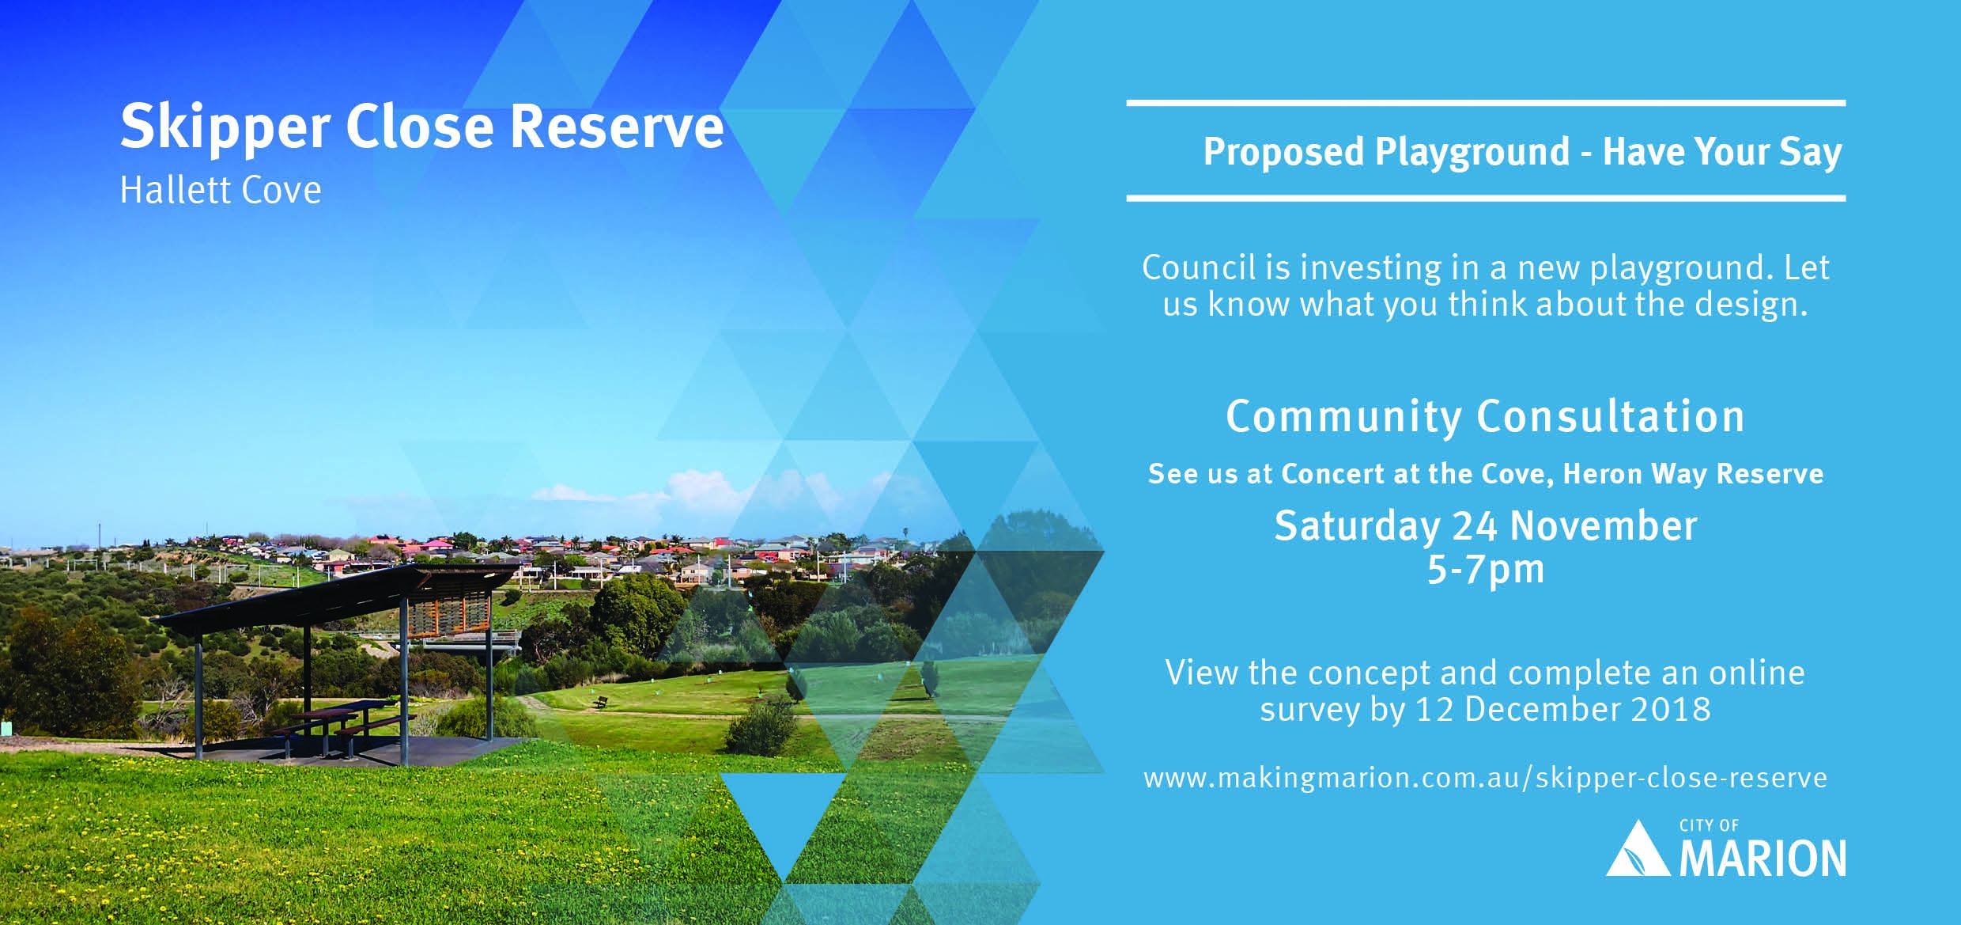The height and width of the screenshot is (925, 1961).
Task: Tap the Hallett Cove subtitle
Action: click(x=221, y=190)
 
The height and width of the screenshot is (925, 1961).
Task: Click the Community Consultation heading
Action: click(x=1485, y=416)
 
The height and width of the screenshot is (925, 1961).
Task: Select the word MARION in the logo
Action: click(x=1763, y=859)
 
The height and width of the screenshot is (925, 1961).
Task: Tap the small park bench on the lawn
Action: click(x=600, y=702)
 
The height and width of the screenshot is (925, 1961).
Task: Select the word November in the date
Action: click(x=1603, y=526)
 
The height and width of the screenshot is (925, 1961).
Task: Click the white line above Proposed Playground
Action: click(x=1486, y=103)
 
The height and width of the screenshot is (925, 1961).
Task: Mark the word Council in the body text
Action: click(x=1199, y=267)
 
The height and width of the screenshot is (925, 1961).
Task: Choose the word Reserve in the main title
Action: click(x=617, y=127)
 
